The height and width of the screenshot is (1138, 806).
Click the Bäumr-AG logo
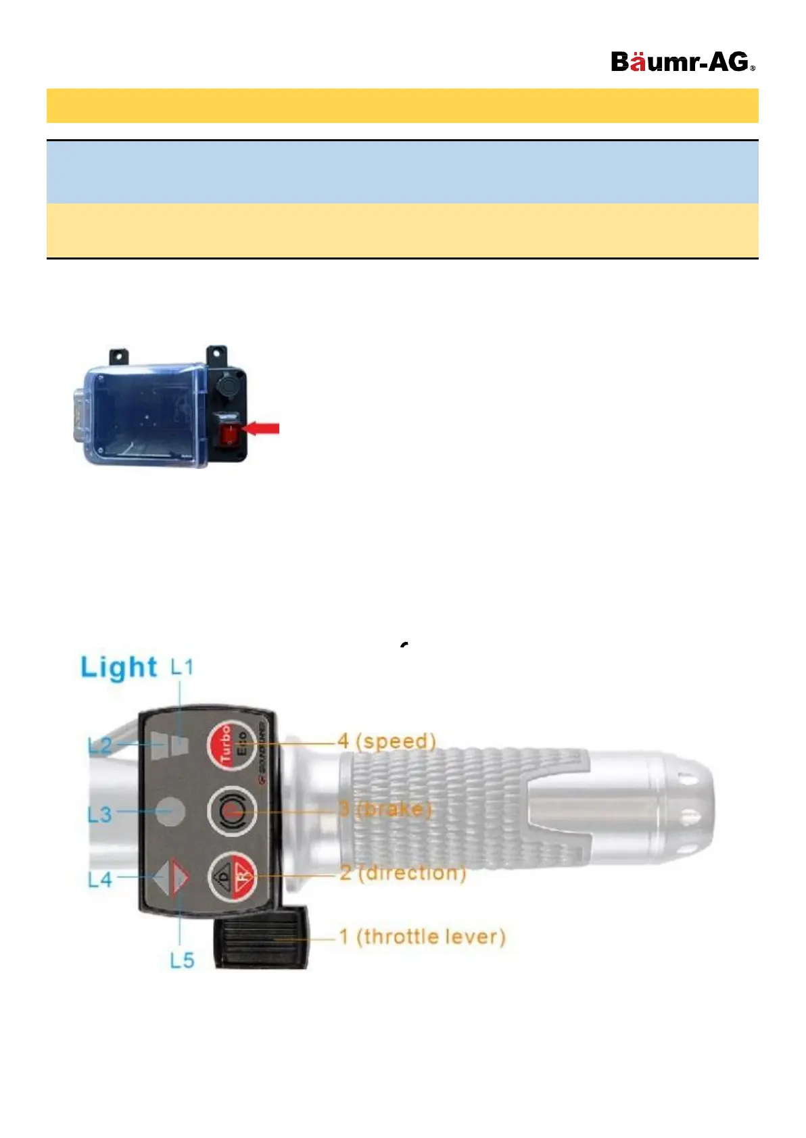coord(682,62)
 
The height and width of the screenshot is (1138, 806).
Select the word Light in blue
coord(119,668)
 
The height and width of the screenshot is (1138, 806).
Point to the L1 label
coord(181,668)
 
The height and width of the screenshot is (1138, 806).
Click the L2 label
coord(100,746)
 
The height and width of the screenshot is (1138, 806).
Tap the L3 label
coord(99,814)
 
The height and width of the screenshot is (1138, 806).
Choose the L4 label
coord(100,879)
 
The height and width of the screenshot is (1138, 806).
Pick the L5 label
coord(181,960)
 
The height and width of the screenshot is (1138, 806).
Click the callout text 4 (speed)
coord(387,741)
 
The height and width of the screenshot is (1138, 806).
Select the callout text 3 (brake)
coord(385,809)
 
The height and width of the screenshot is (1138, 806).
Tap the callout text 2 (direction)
coord(403,873)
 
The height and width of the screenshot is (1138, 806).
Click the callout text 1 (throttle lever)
coord(423,937)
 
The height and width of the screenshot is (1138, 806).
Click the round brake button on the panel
coord(232,811)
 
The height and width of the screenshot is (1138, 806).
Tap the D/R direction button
coord(232,876)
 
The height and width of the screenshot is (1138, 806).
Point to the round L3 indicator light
coord(170,811)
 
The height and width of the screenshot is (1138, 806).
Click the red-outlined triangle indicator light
coord(179,877)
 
